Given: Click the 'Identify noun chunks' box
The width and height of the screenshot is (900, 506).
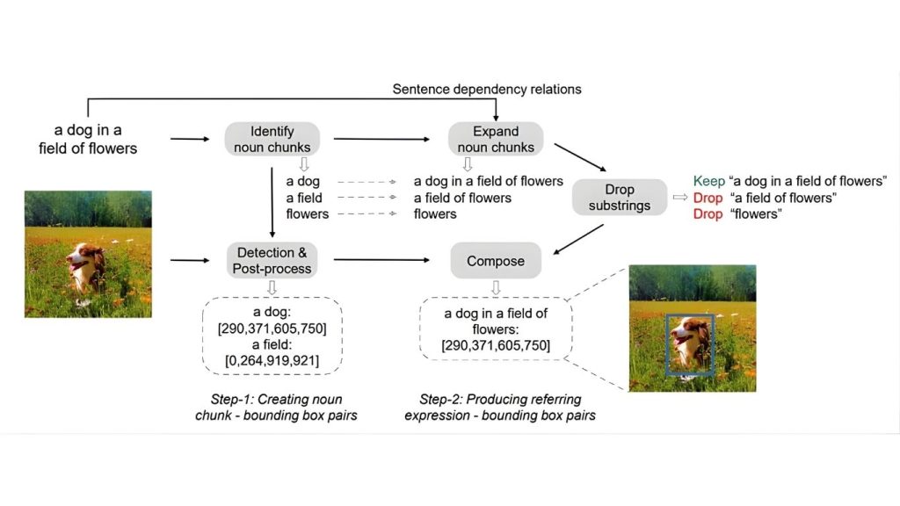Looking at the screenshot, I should coord(272,139).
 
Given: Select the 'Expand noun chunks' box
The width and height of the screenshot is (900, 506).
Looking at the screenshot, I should coord(496,139).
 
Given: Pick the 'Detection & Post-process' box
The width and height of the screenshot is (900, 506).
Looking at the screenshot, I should coord(272,260).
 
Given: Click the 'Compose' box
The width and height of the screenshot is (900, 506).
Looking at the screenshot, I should coord(496,261).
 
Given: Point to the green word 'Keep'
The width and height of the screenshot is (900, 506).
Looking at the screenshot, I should coord(708,181).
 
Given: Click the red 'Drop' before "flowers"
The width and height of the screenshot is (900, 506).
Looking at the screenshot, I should coord(708,214).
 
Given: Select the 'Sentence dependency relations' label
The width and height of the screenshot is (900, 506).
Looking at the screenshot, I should coord(486,89).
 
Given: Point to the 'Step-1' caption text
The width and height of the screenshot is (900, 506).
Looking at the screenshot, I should coord(275,406).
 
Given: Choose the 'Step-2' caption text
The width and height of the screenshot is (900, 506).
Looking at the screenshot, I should coord(499,406).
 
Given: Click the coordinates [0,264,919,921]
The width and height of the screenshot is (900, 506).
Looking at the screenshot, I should coord(272,361).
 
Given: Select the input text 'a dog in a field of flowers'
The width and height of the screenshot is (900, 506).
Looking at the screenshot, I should coord(88,140).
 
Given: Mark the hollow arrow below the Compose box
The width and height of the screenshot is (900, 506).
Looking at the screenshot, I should coord(496,286).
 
